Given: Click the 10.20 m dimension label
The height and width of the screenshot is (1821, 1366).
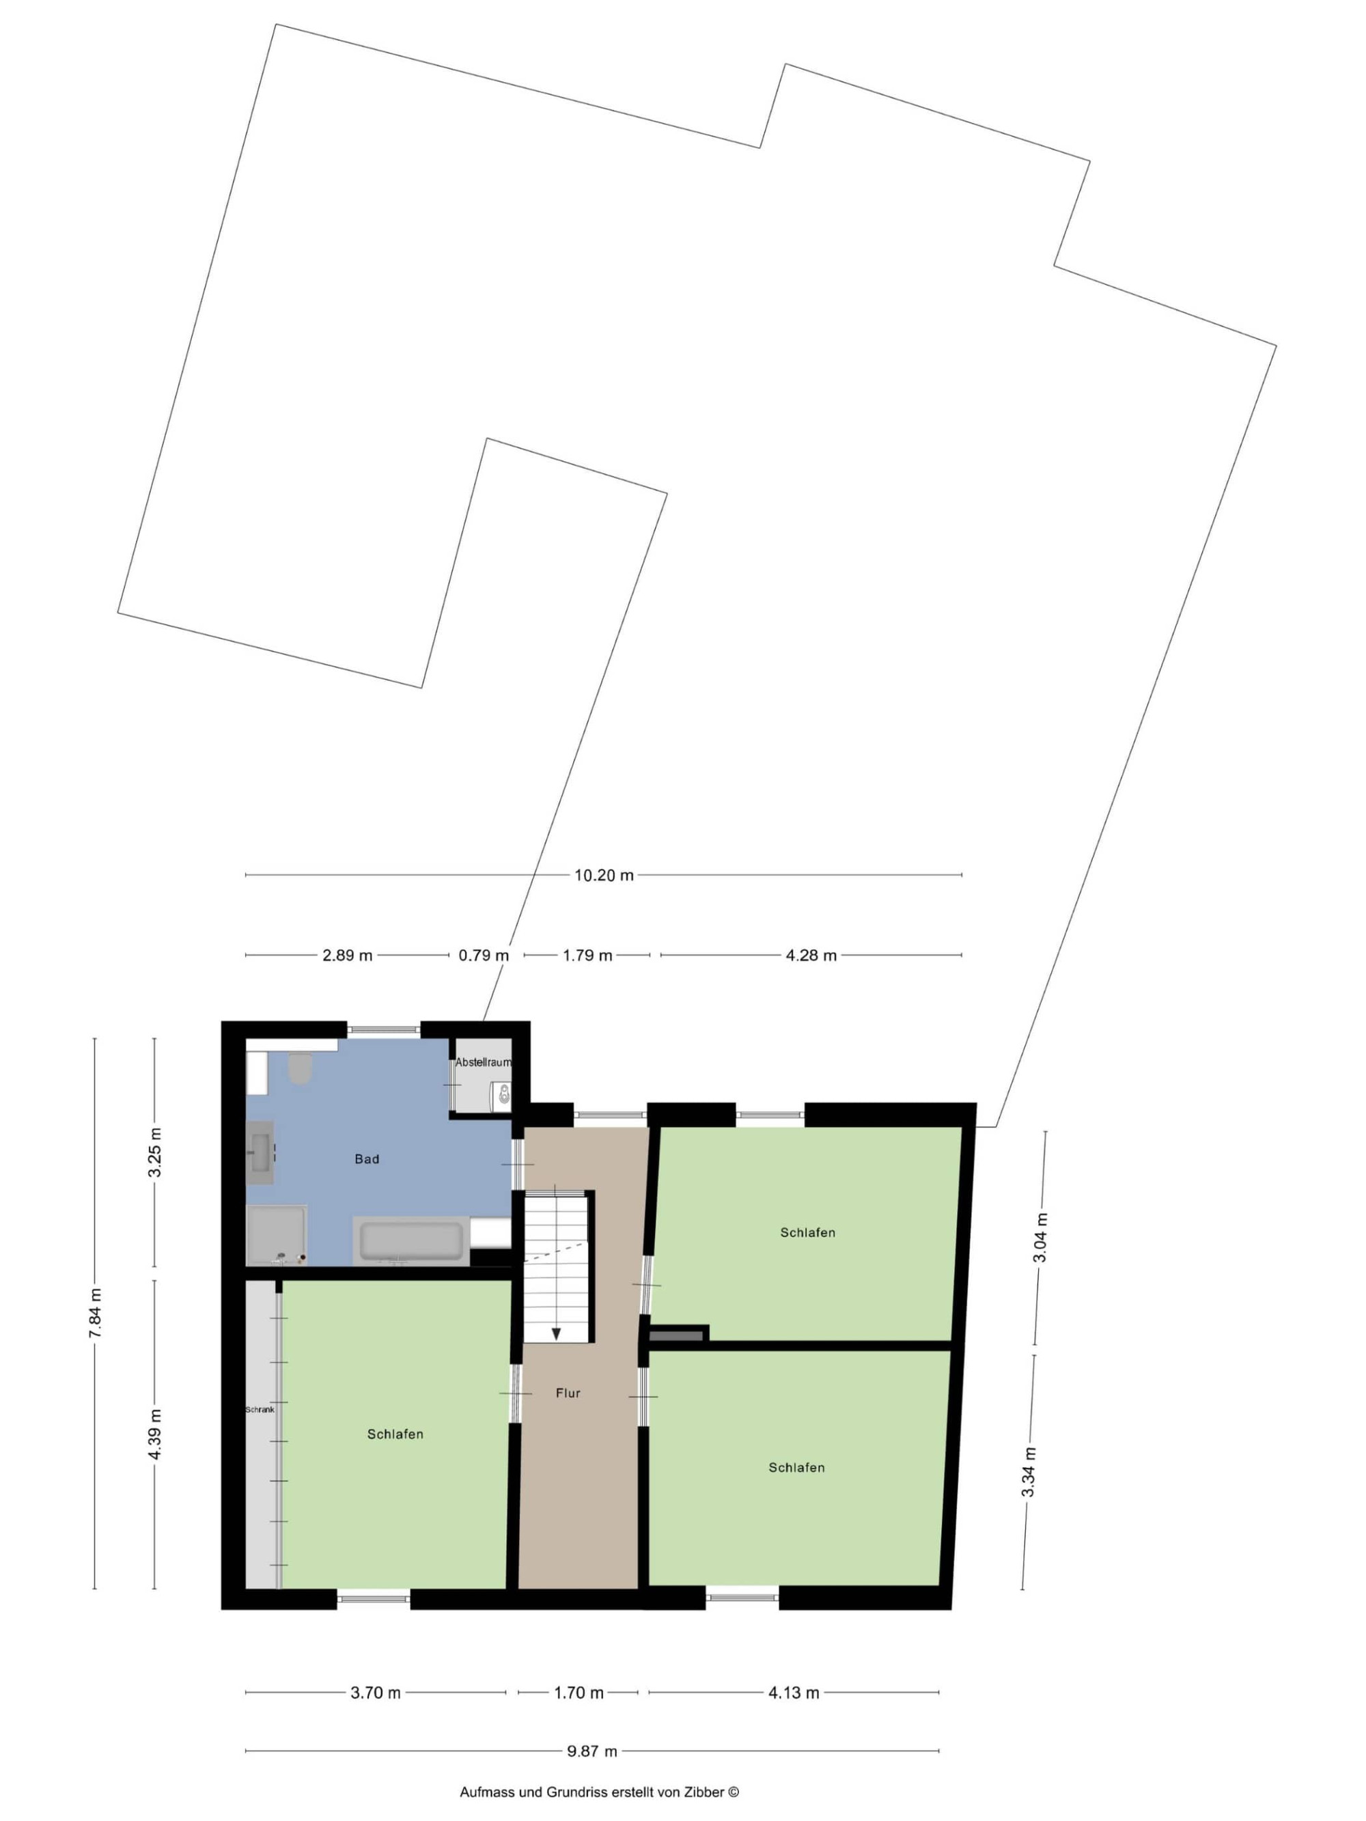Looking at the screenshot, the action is point(604,875).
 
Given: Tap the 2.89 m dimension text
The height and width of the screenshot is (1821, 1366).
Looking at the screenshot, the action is point(347,955).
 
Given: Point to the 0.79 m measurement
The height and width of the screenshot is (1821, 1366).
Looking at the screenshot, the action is point(484,955).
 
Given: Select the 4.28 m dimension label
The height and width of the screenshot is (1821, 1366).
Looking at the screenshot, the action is point(811,955).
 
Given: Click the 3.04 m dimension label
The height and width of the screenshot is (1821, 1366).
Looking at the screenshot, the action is point(1041,1237).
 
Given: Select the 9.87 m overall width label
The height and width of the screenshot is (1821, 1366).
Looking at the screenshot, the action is point(591,1751).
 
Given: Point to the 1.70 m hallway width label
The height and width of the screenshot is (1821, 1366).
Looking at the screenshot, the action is point(578,1693).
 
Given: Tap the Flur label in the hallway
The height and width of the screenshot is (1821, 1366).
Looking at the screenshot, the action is point(568,1393).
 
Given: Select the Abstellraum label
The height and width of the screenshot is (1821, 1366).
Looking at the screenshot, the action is point(484,1062).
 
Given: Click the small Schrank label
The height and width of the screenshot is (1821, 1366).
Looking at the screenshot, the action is point(260,1409).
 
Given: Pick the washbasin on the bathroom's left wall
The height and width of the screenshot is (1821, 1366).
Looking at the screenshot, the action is point(261,1152).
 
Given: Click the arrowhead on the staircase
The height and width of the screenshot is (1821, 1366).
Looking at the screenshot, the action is point(556,1333).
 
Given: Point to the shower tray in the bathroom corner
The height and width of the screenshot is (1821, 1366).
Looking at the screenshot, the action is point(277,1236).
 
